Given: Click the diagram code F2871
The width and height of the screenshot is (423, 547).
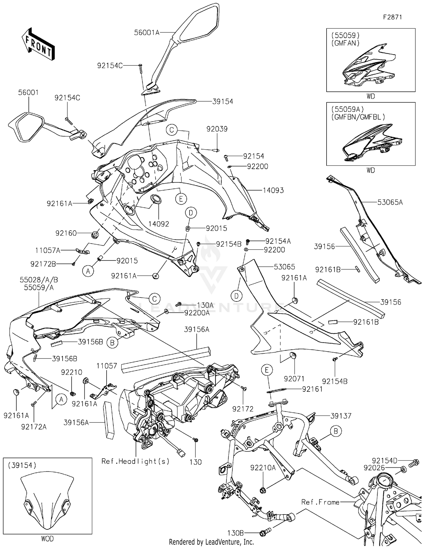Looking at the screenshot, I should tap(392, 17).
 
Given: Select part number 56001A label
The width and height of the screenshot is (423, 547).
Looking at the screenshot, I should tap(147, 33).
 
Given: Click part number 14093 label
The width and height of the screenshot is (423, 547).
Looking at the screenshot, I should tap(273, 191).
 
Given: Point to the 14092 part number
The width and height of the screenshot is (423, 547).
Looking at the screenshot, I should tap(159, 224).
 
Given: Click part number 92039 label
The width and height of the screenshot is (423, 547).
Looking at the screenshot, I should tap(217, 129).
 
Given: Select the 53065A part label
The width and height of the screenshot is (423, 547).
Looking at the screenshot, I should tap(390, 202).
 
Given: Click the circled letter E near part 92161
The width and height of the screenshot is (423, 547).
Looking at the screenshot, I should tap(267, 370).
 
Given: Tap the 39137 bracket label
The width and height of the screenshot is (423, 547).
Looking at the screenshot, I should tap(341, 416).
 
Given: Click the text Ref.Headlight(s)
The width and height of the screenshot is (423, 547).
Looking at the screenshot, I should tap(135, 461).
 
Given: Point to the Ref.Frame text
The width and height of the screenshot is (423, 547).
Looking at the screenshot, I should tap(320, 502).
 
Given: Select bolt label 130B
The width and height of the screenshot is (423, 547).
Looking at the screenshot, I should tap(235, 533).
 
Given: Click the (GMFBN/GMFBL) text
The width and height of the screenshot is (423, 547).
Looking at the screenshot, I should tap(358, 117).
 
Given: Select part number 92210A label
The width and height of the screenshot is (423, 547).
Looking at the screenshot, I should tap(263, 468).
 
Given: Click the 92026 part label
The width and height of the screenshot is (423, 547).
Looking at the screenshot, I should tap(374, 468).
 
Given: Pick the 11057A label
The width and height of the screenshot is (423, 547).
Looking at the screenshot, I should tap(48, 250).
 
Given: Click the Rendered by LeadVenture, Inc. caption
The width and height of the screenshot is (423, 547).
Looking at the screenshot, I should tap(211, 542).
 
